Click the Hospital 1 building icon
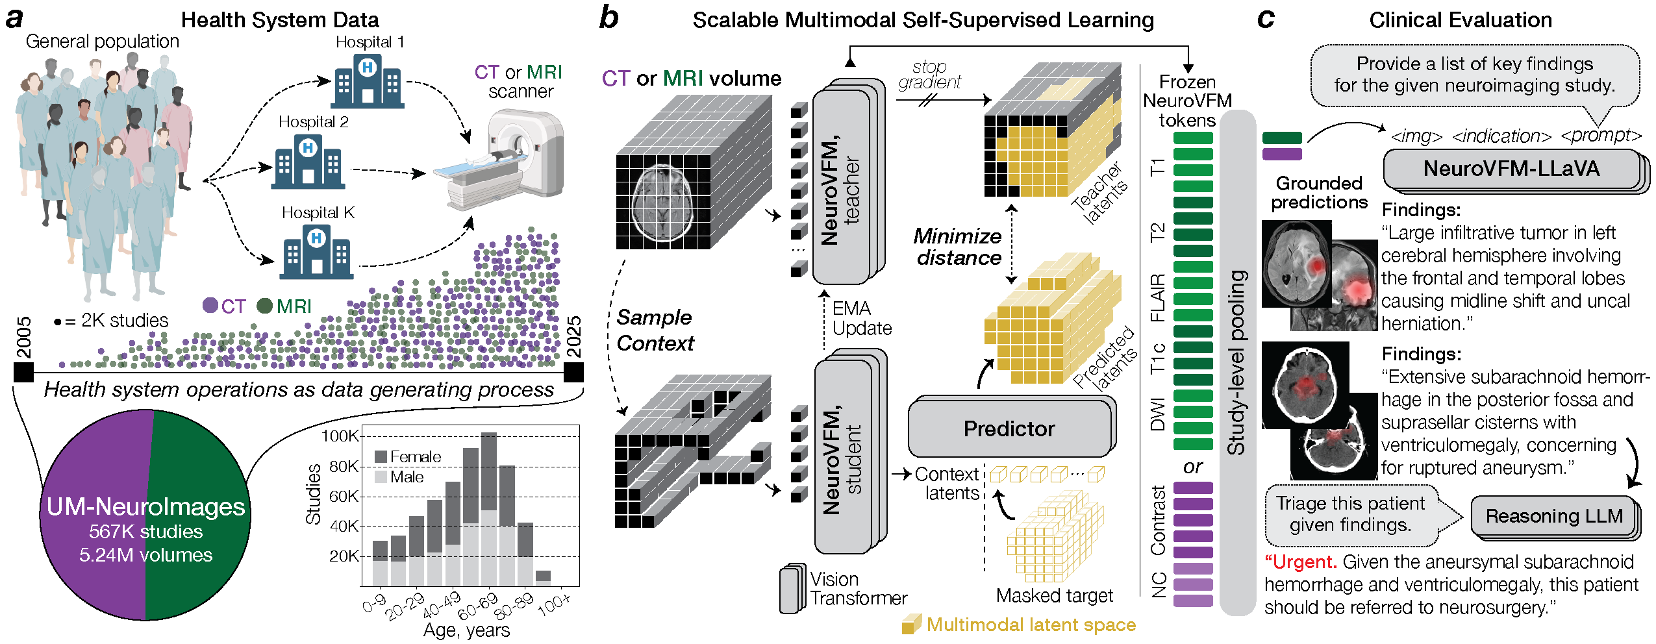pos(368,80)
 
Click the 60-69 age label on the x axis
pos(477,605)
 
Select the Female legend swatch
pos(381,457)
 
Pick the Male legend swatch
pos(381,477)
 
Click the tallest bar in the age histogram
pos(489,509)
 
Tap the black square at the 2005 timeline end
pos(23,373)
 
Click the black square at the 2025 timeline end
pos(573,373)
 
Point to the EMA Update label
pos(862,318)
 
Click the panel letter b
pos(608,18)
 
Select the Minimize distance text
pos(958,247)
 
